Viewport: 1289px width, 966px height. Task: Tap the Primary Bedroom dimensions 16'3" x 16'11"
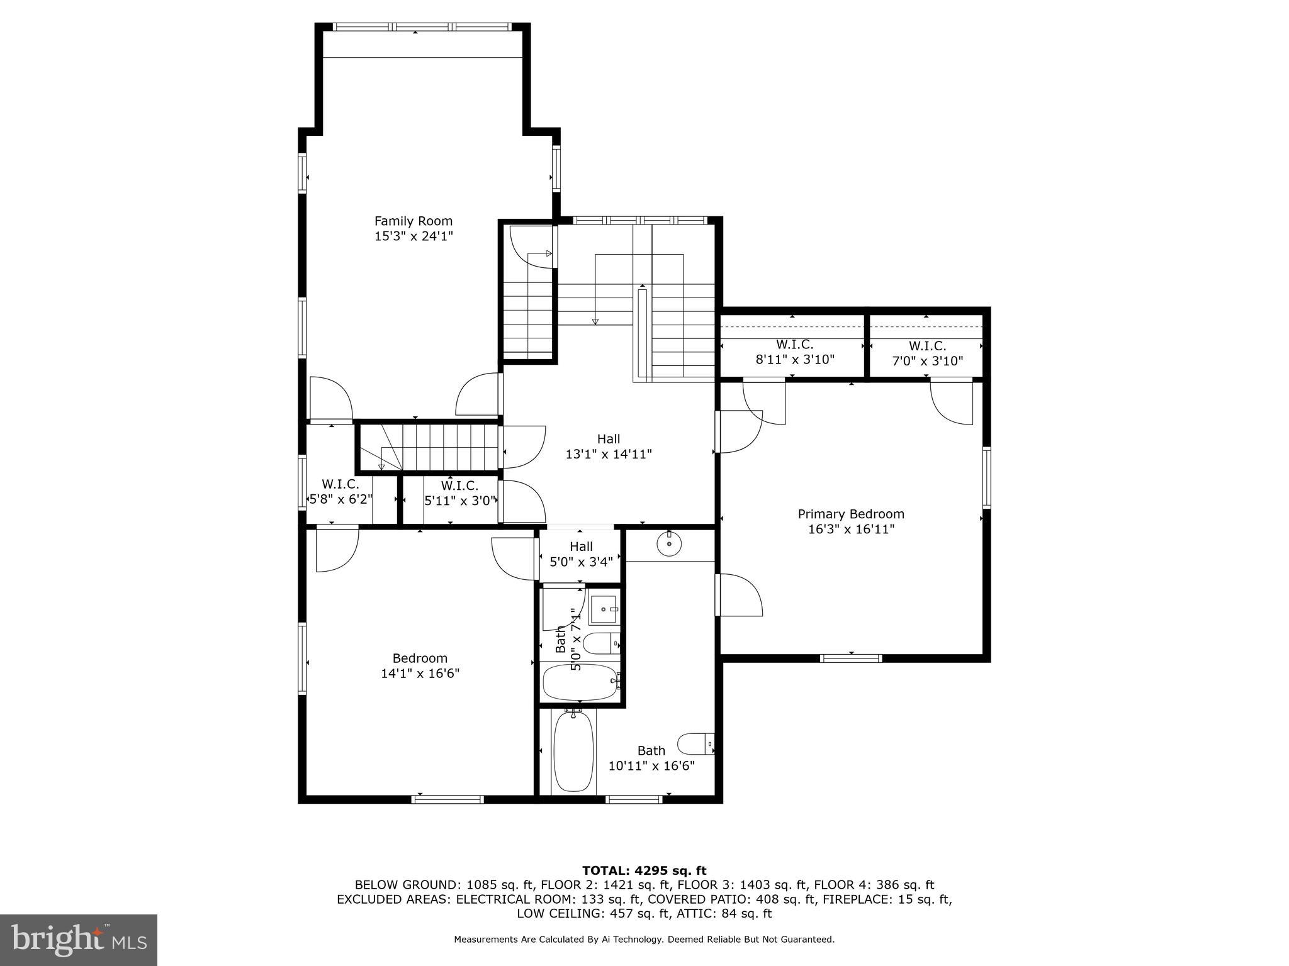pyautogui.click(x=851, y=530)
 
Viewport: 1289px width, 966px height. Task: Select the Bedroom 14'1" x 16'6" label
pyautogui.click(x=420, y=666)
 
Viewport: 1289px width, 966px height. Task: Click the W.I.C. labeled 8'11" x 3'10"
pyautogui.click(x=794, y=352)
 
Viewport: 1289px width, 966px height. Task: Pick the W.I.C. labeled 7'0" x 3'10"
pyautogui.click(x=927, y=353)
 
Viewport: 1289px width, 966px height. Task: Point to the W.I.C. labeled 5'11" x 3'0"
pyautogui.click(x=459, y=493)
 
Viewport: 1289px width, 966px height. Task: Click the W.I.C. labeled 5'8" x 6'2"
pyautogui.click(x=341, y=492)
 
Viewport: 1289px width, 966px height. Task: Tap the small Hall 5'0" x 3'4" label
pyautogui.click(x=581, y=554)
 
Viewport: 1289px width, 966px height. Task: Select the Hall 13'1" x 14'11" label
pyautogui.click(x=609, y=447)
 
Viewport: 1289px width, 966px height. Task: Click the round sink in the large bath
pyautogui.click(x=670, y=543)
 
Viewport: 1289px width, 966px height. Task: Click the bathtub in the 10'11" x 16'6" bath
pyautogui.click(x=573, y=751)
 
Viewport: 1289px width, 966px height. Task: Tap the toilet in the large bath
pyautogui.click(x=696, y=744)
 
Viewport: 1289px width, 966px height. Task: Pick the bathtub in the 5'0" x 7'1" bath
pyautogui.click(x=580, y=682)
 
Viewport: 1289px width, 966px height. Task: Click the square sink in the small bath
pyautogui.click(x=604, y=609)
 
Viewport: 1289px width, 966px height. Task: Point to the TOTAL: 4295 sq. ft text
pyautogui.click(x=644, y=870)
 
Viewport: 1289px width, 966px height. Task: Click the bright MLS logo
pyautogui.click(x=78, y=940)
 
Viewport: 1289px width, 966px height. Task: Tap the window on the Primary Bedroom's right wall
pyautogui.click(x=986, y=478)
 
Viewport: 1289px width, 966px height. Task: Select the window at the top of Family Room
pyautogui.click(x=422, y=27)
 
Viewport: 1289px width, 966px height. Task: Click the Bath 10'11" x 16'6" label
pyautogui.click(x=651, y=758)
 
